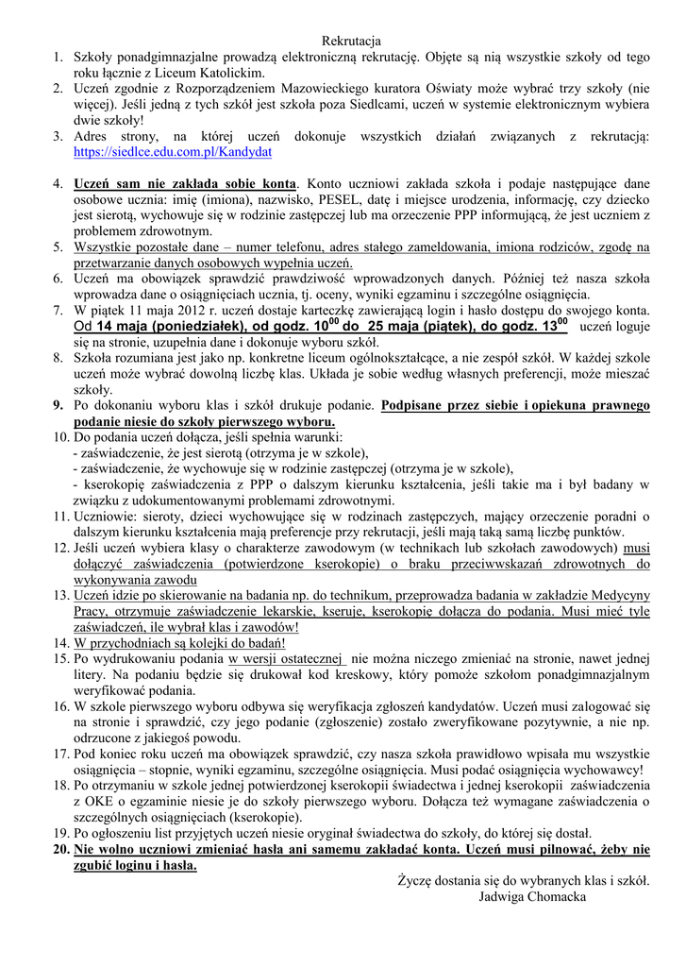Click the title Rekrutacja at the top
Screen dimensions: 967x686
pos(351,42)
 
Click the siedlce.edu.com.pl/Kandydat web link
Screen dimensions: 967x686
pos(173,151)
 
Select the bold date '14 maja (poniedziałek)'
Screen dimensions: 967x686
pos(172,326)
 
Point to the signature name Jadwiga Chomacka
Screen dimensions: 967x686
pos(532,896)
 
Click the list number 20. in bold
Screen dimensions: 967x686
pos(60,849)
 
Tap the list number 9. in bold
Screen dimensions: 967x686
pos(58,405)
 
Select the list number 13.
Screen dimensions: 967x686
pos(60,595)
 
